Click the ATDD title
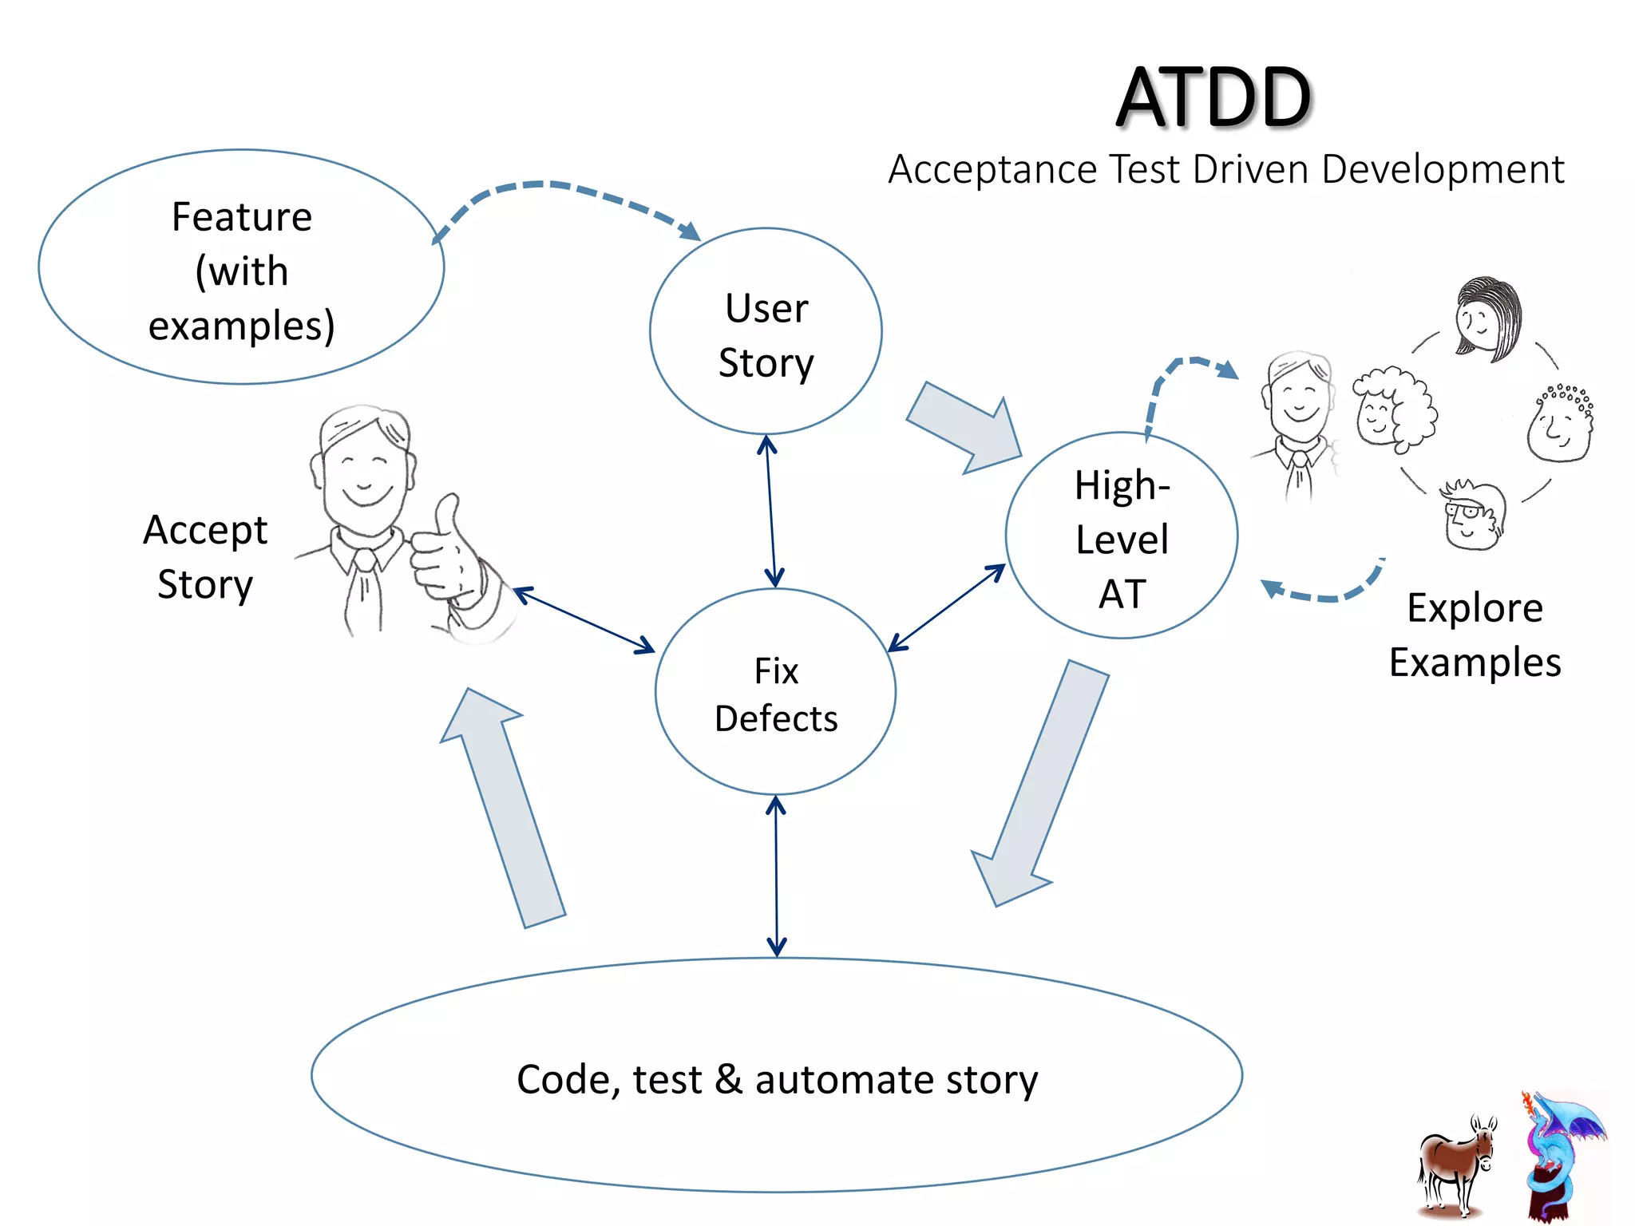click(x=1213, y=97)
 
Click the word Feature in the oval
click(x=242, y=217)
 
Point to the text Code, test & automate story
click(x=777, y=1079)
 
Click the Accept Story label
click(x=205, y=556)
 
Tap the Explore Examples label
click(x=1475, y=635)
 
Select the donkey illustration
click(x=1455, y=1165)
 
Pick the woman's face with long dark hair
click(x=1487, y=319)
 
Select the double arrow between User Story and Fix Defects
click(x=770, y=511)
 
